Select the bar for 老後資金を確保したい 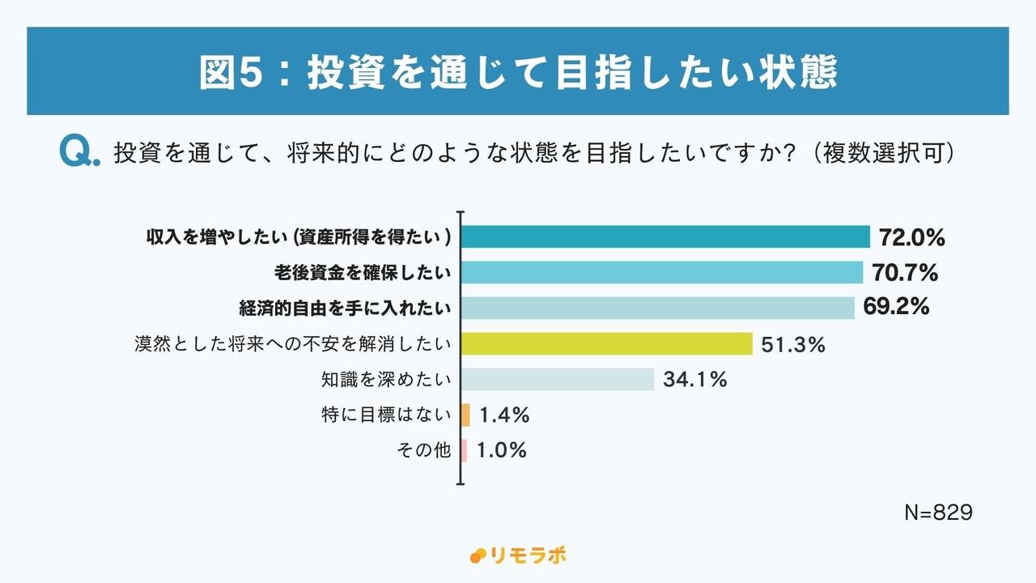pyautogui.click(x=662, y=273)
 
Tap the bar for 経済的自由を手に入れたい pyautogui.click(x=658, y=308)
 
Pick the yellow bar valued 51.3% pyautogui.click(x=607, y=344)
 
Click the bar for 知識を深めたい pyautogui.click(x=558, y=379)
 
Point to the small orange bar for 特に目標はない pyautogui.click(x=465, y=415)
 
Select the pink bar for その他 pyautogui.click(x=465, y=450)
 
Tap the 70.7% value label pyautogui.click(x=905, y=273)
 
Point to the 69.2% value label pyautogui.click(x=896, y=308)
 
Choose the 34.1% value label pyautogui.click(x=695, y=379)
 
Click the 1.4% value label pyautogui.click(x=504, y=415)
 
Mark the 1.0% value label pyautogui.click(x=502, y=450)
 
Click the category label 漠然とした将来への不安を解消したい pyautogui.click(x=292, y=344)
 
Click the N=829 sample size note pyautogui.click(x=937, y=513)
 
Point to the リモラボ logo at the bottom pyautogui.click(x=517, y=555)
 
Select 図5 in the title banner pyautogui.click(x=227, y=72)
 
